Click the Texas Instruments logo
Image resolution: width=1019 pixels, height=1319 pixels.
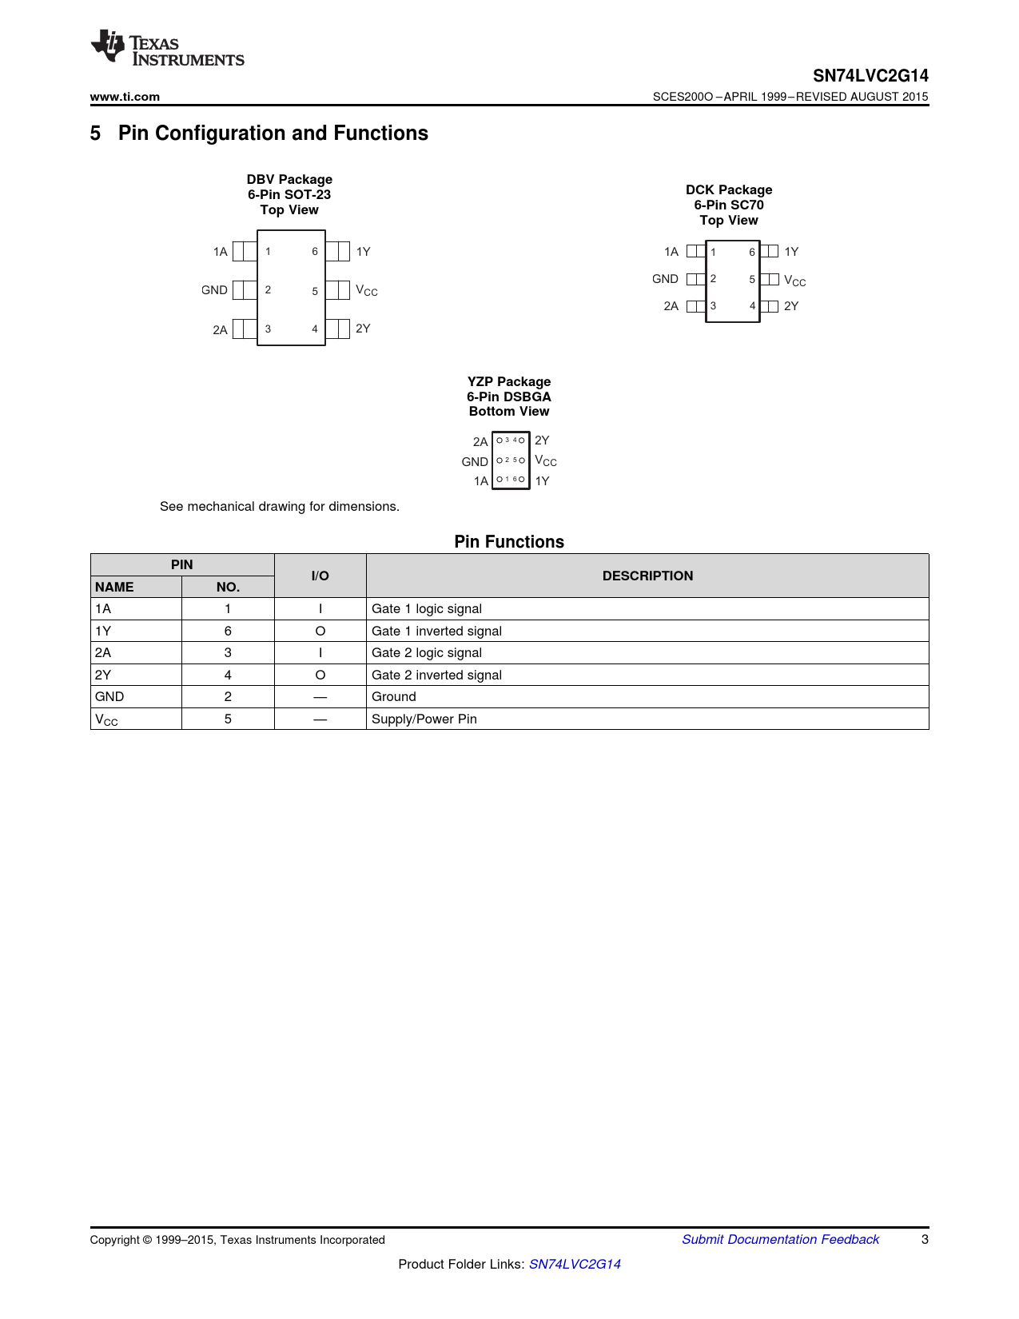coord(167,48)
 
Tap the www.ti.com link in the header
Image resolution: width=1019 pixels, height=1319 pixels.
coord(125,97)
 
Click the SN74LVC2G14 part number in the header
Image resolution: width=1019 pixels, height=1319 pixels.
coord(870,76)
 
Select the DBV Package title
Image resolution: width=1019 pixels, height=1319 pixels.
coord(289,180)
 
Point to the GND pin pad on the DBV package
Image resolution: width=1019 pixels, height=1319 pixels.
coord(245,290)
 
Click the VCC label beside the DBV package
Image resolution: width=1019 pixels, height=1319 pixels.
coord(366,291)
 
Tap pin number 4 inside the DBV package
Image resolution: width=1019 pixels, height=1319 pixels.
coord(315,329)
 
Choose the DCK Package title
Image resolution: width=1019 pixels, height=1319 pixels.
coord(729,190)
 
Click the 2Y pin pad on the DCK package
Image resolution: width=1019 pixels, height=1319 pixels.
coord(770,306)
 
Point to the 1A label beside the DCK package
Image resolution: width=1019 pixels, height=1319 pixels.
coord(671,252)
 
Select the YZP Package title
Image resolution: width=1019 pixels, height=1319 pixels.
coord(509,382)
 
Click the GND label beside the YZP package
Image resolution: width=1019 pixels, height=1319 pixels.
coord(475,462)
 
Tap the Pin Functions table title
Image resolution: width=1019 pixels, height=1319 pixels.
coord(509,542)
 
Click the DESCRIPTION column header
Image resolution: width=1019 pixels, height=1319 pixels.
coord(647,576)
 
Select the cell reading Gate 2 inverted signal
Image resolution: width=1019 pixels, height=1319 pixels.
coord(437,675)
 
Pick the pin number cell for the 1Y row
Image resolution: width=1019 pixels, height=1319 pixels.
coord(228,632)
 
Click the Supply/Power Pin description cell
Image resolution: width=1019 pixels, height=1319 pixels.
coord(424,719)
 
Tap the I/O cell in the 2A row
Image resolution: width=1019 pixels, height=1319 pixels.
coord(320,653)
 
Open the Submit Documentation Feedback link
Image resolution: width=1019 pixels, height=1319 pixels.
coord(780,1240)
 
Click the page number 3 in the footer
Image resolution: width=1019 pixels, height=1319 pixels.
coord(925,1240)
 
